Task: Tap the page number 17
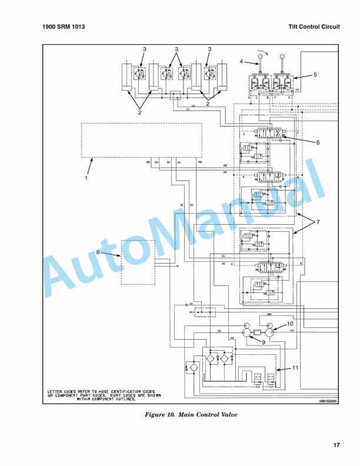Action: [336, 445]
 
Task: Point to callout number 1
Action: [86, 177]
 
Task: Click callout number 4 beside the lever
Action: [241, 61]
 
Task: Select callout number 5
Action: [315, 75]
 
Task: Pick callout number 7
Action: [318, 222]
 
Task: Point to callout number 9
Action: [264, 341]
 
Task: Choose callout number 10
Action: [289, 324]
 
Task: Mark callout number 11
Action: [296, 368]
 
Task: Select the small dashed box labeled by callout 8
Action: [138, 262]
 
